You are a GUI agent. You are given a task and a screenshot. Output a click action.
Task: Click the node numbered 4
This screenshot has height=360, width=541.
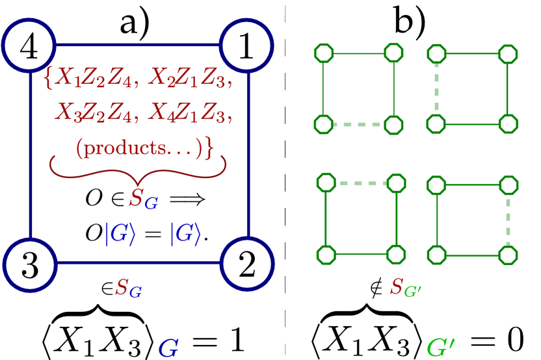29,45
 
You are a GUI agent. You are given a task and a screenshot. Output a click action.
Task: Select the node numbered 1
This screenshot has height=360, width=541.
246,45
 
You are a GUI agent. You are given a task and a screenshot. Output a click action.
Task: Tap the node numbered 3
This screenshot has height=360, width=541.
29,264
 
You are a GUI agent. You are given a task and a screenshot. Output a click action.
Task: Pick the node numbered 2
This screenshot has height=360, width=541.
246,264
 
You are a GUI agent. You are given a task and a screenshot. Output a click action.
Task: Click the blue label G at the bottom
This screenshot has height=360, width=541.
168,348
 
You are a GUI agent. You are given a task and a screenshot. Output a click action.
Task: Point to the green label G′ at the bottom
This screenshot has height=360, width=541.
440,348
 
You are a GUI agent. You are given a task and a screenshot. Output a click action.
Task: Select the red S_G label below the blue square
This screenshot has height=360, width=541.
128,288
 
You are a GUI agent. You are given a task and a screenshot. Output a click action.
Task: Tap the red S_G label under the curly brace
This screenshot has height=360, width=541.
143,199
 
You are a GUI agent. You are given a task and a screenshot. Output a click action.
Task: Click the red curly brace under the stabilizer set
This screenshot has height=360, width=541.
138,168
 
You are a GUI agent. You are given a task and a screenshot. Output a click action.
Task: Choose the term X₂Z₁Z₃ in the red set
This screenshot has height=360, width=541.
189,79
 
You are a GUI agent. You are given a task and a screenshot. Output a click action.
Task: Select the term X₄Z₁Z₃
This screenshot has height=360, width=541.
189,114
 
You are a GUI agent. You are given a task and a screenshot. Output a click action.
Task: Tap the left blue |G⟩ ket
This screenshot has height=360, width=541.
120,234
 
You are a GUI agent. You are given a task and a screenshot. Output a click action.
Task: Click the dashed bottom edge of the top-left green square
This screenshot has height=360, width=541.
358,124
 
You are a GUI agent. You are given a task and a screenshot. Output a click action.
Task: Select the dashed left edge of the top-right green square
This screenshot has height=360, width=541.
436,88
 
